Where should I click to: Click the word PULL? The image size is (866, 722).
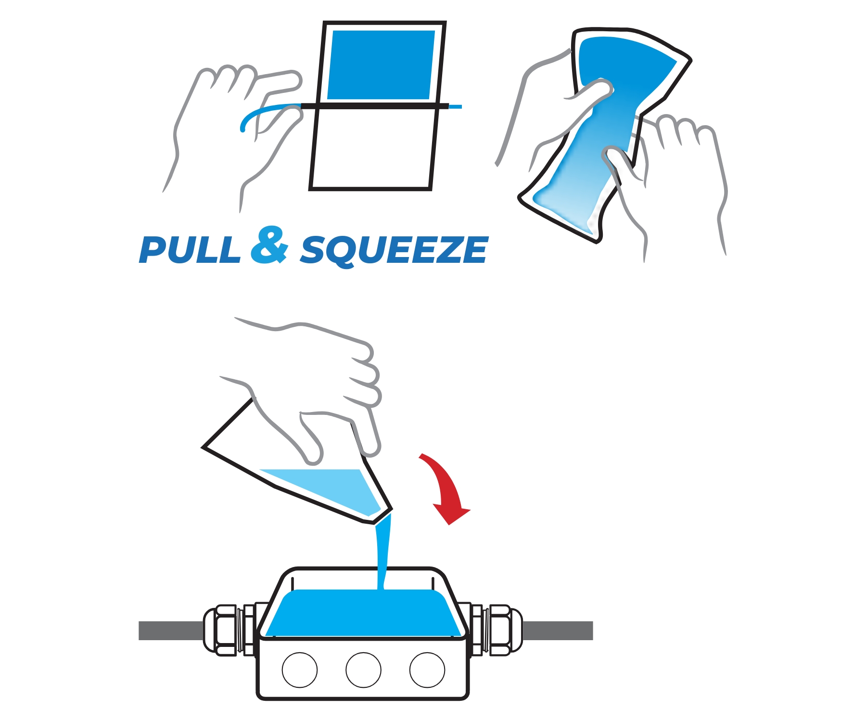[190, 250]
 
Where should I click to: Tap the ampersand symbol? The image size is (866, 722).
[269, 245]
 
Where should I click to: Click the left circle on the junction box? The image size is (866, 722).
[300, 670]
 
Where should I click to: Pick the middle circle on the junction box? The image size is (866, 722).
[363, 670]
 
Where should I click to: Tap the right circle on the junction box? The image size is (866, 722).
[427, 670]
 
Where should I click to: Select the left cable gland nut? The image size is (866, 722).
[225, 630]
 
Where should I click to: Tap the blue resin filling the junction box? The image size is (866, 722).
[363, 614]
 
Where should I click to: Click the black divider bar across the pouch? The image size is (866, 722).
[375, 106]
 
